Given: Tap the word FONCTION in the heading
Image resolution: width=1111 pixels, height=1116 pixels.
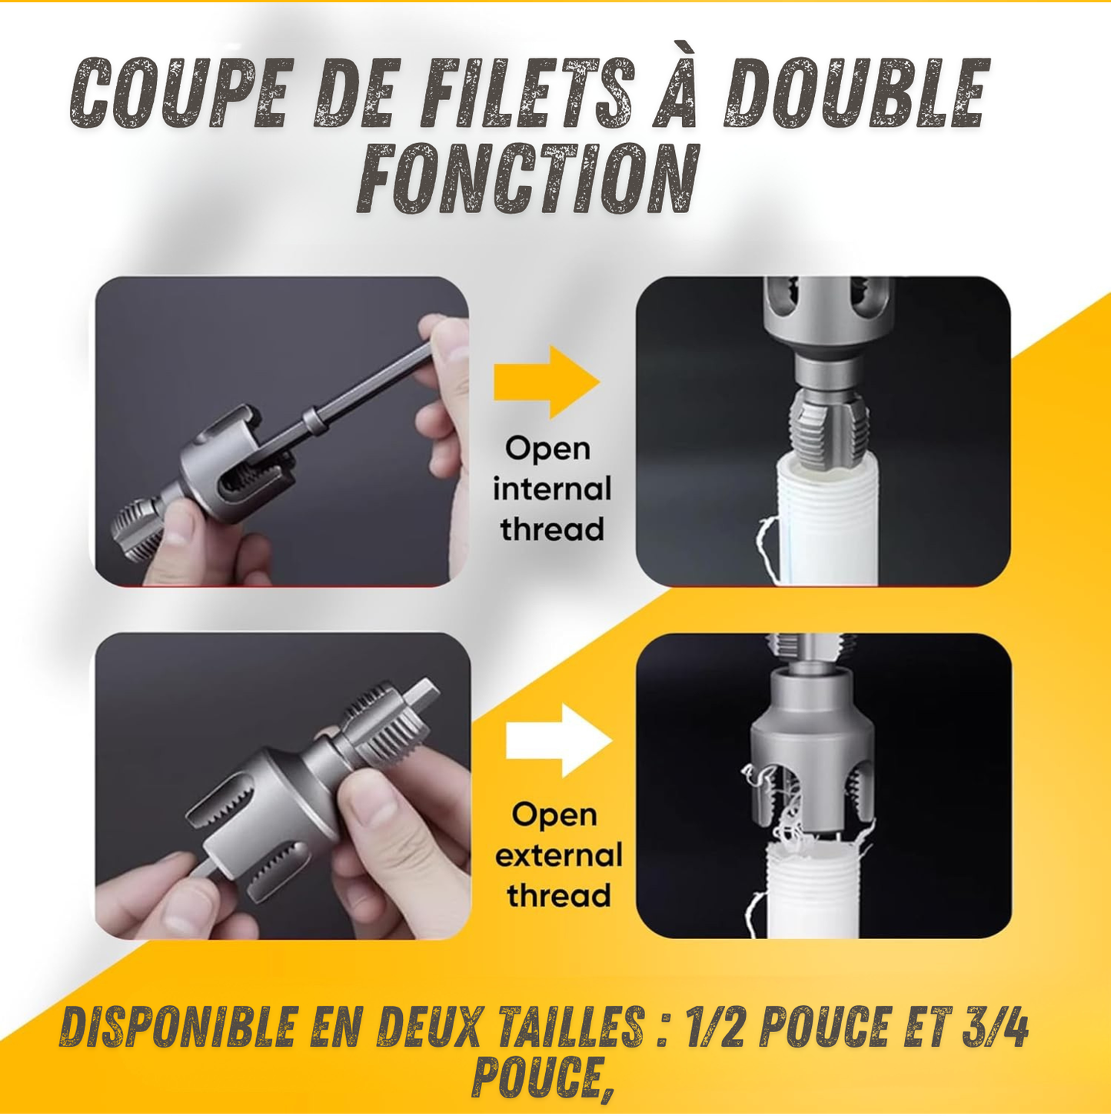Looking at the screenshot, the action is pyautogui.click(x=527, y=178).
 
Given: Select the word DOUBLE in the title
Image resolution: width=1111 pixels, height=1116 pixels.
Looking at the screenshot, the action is pyautogui.click(x=854, y=92).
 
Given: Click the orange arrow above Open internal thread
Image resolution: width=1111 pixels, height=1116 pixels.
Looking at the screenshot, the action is pyautogui.click(x=547, y=381).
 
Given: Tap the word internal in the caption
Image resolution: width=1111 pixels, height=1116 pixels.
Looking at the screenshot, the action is pyautogui.click(x=552, y=489).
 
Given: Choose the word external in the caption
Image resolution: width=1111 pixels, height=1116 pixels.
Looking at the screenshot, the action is pyautogui.click(x=558, y=856).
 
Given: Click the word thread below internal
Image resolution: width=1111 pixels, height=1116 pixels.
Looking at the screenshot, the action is pyautogui.click(x=552, y=528).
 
